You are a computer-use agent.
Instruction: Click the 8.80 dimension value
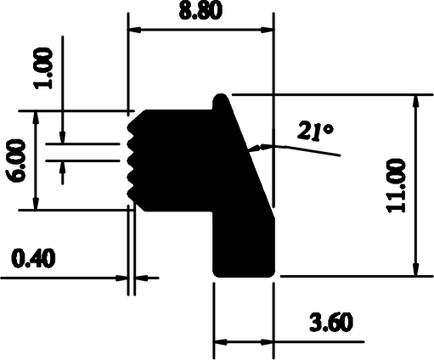point(200,11)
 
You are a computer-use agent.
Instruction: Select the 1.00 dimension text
point(43,68)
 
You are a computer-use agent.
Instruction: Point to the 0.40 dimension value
point(33,258)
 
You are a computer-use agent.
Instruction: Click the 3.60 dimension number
point(331,322)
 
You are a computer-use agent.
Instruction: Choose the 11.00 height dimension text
point(396,185)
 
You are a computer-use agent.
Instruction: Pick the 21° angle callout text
point(315,131)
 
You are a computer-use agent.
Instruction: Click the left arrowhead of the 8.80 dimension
point(135,30)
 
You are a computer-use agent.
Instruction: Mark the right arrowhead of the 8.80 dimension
point(267,30)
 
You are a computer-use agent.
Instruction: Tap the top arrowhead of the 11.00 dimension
point(415,101)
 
